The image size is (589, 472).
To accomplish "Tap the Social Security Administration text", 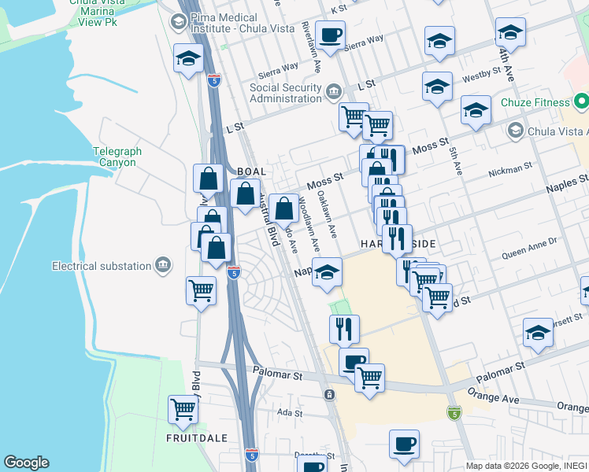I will pos(286,93).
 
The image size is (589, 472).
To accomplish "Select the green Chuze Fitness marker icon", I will pos(581,102).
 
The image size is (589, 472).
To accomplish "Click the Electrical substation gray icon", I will pos(163,265).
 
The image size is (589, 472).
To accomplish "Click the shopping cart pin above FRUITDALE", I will pos(183,409).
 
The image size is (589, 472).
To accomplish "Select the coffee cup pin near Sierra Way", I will pos(331,35).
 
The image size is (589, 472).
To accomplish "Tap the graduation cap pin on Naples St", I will pos(327,273).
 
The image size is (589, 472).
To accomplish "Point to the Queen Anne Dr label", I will pos(529,249).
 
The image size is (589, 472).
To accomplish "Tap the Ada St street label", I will pos(290,412).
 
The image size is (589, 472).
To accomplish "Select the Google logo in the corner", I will pos(26,463).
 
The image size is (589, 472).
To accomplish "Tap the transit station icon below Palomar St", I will pos(328,393).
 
